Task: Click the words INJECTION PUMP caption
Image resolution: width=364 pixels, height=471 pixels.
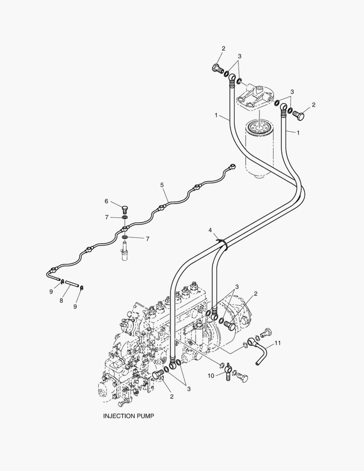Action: (x=128, y=416)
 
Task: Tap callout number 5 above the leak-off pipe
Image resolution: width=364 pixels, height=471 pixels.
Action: (x=162, y=185)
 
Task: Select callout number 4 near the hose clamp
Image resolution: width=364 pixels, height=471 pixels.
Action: (x=210, y=230)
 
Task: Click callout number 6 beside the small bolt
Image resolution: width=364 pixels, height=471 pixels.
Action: (x=106, y=201)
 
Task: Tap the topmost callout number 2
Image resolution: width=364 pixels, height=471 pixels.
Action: (x=223, y=48)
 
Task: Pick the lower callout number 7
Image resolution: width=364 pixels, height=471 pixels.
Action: (x=147, y=239)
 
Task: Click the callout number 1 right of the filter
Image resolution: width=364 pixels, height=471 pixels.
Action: (x=298, y=132)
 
